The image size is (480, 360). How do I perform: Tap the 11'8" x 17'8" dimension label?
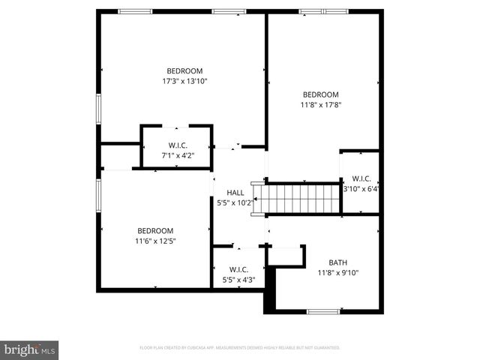click(x=322, y=104)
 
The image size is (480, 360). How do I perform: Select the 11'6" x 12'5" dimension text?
click(x=155, y=241)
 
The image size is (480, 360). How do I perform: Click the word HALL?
click(x=235, y=193)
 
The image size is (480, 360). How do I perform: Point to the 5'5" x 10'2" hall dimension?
click(x=235, y=202)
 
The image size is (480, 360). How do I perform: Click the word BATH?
click(x=337, y=262)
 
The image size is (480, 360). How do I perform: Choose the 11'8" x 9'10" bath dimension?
click(x=337, y=273)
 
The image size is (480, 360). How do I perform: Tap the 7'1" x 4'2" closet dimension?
click(x=178, y=155)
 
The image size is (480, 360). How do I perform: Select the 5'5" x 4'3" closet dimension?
click(x=238, y=280)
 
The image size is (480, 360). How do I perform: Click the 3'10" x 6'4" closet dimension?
click(x=361, y=189)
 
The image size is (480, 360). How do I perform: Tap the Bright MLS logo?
click(x=29, y=349)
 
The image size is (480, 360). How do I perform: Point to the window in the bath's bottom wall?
click(x=322, y=311)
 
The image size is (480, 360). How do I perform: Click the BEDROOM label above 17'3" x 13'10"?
click(x=184, y=70)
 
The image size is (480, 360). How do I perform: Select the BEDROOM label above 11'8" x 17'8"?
click(x=322, y=94)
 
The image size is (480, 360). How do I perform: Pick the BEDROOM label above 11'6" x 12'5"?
click(x=155, y=230)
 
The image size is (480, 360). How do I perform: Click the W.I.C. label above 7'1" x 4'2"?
click(x=178, y=145)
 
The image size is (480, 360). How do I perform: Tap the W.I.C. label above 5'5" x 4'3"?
click(x=238, y=269)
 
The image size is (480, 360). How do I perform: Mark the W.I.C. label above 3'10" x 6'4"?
click(x=361, y=178)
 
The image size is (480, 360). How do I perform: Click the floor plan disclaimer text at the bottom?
click(x=240, y=348)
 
